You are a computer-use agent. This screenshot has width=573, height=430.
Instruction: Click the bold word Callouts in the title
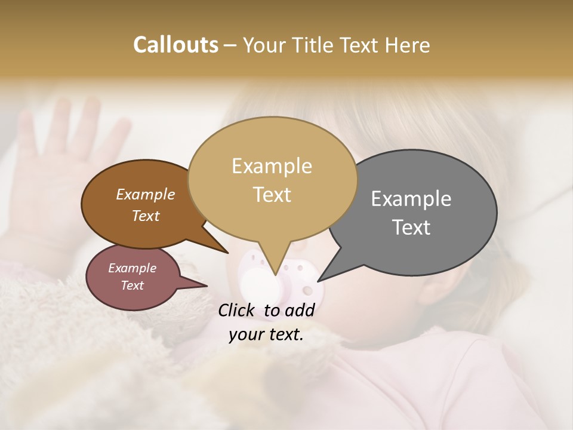(x=175, y=45)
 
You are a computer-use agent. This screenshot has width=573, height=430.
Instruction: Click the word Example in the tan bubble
(x=272, y=166)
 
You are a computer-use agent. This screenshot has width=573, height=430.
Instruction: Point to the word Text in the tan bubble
(x=272, y=195)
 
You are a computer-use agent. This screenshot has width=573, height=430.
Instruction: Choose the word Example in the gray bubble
(x=411, y=199)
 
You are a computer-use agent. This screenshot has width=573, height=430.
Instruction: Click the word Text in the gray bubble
(x=411, y=228)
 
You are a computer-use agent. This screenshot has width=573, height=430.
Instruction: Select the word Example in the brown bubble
(x=145, y=195)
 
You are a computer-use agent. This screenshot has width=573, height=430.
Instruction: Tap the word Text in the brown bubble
(x=145, y=216)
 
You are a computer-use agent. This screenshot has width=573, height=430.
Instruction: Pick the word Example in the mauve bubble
(x=132, y=268)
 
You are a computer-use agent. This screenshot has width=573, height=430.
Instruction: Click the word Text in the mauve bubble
(x=132, y=285)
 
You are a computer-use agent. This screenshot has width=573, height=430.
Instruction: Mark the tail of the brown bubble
(x=224, y=250)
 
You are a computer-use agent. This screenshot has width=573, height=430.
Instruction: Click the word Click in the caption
(x=238, y=310)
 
